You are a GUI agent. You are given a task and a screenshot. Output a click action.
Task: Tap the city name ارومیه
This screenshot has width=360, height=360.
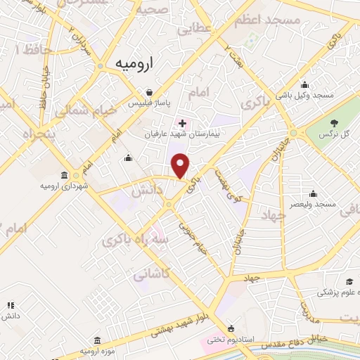pyautogui.click(x=134, y=63)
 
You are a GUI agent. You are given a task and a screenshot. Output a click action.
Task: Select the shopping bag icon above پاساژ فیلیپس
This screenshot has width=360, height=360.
pyautogui.click(x=149, y=92)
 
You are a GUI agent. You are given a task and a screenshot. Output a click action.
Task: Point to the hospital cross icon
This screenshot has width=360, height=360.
pyautogui.click(x=183, y=123)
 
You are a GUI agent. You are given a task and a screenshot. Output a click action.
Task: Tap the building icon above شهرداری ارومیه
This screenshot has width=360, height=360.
pyautogui.click(x=65, y=175)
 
